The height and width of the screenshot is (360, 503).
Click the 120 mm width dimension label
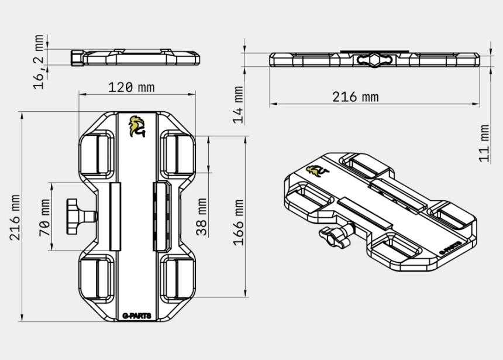pyautogui.click(x=131, y=88)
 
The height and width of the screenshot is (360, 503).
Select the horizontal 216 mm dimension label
pyautogui.click(x=356, y=97)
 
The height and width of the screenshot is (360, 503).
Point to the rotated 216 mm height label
pyautogui.click(x=15, y=217)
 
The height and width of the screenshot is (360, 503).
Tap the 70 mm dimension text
pyautogui.click(x=44, y=218)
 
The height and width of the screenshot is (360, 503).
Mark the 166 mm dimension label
pyautogui.click(x=239, y=222)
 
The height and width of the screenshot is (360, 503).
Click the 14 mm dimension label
pyautogui.click(x=238, y=105)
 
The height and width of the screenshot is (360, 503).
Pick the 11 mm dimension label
pyautogui.click(x=484, y=143)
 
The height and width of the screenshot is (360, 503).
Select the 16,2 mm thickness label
pyautogui.click(x=39, y=61)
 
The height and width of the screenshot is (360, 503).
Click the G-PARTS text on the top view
pyautogui.click(x=137, y=316)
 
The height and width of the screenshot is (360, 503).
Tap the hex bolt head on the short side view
pyautogui.click(x=77, y=58)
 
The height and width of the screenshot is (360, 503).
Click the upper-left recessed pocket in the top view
pyautogui.click(x=97, y=155)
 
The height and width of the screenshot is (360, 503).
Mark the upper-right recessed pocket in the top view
pyautogui.click(x=177, y=155)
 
